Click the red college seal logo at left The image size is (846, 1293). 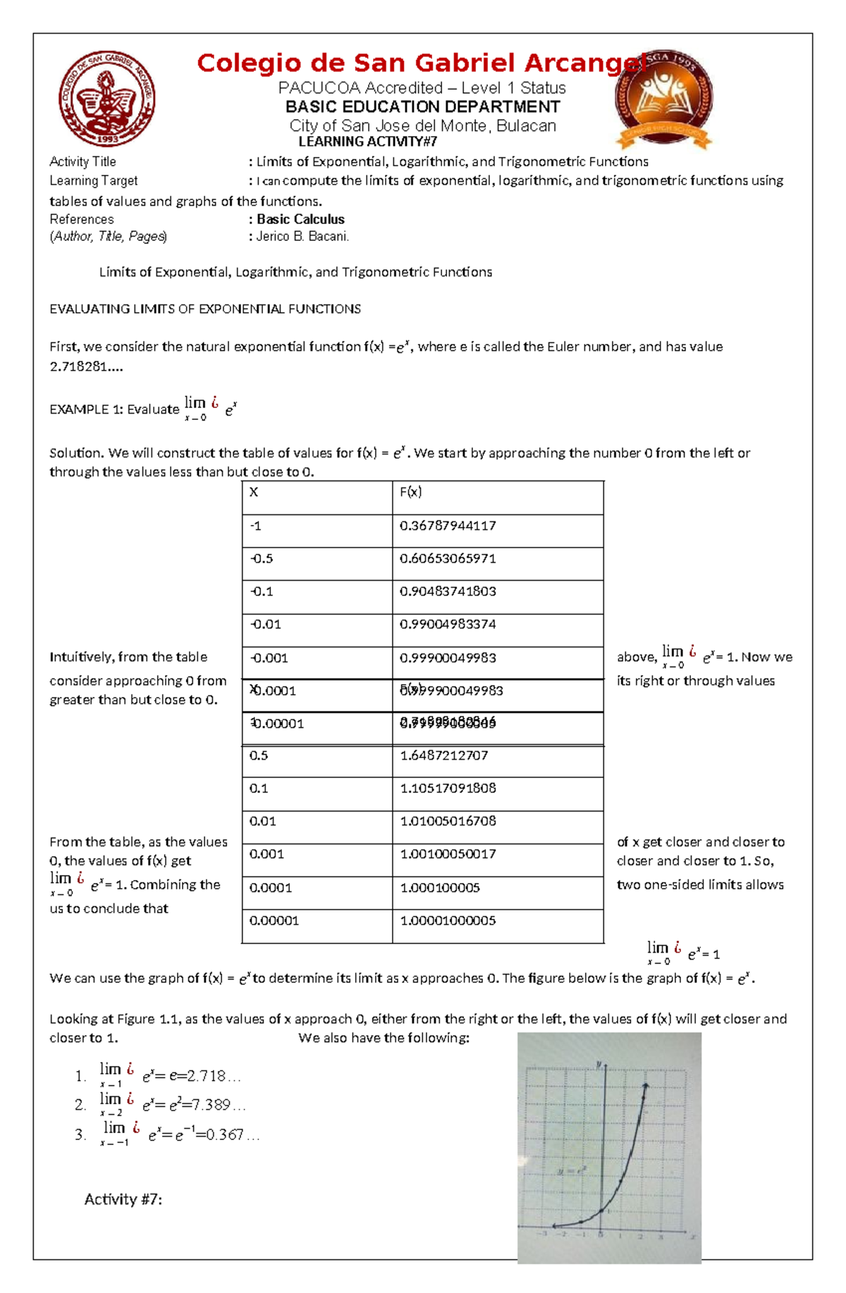pyautogui.click(x=106, y=99)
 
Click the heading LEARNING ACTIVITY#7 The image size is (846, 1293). pyautogui.click(x=367, y=142)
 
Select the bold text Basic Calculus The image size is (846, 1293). pyautogui.click(x=300, y=219)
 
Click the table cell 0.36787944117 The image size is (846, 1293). pyautogui.click(x=448, y=526)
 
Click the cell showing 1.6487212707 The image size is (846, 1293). pyautogui.click(x=443, y=755)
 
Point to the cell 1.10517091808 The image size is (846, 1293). pyautogui.click(x=448, y=788)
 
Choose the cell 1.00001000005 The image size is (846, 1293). pyautogui.click(x=448, y=921)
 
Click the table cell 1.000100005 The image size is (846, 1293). pyautogui.click(x=440, y=889)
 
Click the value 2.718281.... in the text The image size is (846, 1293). pyautogui.click(x=77, y=366)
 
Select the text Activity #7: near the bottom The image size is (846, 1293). pyautogui.click(x=123, y=1199)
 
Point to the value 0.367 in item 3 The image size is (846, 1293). pyautogui.click(x=224, y=1135)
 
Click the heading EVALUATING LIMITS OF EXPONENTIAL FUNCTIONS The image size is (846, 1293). pyautogui.click(x=204, y=309)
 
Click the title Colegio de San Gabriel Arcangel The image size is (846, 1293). pyautogui.click(x=421, y=63)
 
